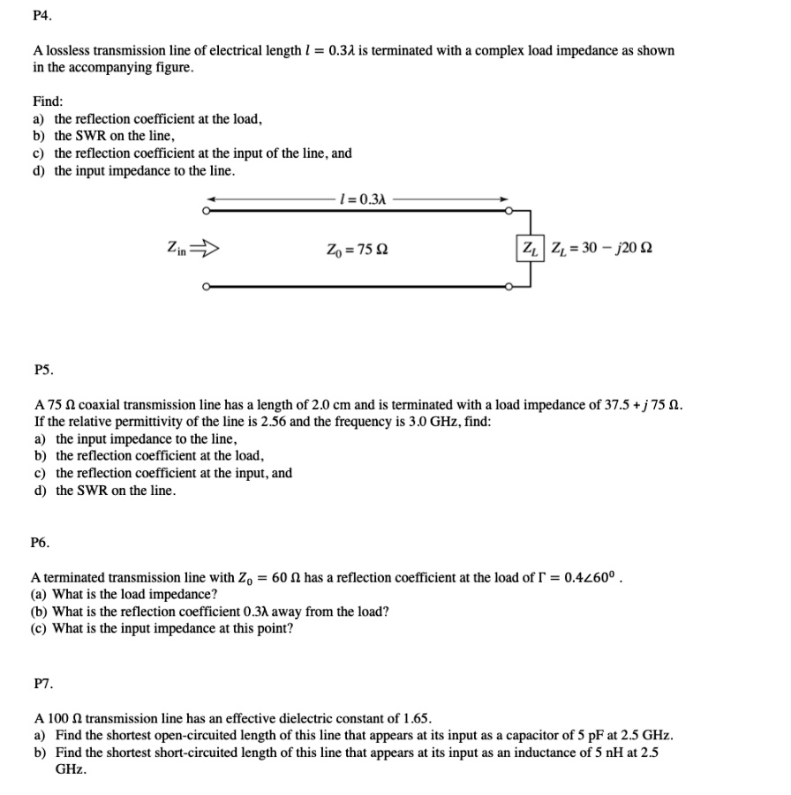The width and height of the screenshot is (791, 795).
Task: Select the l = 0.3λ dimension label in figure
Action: click(x=362, y=199)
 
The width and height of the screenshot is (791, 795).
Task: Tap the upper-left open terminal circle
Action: click(x=207, y=211)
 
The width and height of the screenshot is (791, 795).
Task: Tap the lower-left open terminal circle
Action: click(x=207, y=286)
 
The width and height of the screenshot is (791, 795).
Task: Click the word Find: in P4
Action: click(x=48, y=101)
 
